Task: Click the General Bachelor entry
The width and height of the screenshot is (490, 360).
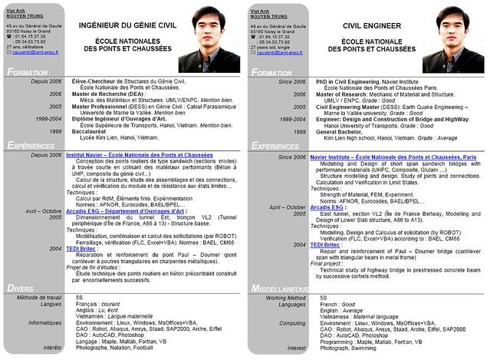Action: (x=340, y=131)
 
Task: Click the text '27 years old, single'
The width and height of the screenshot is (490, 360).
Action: (x=273, y=47)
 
